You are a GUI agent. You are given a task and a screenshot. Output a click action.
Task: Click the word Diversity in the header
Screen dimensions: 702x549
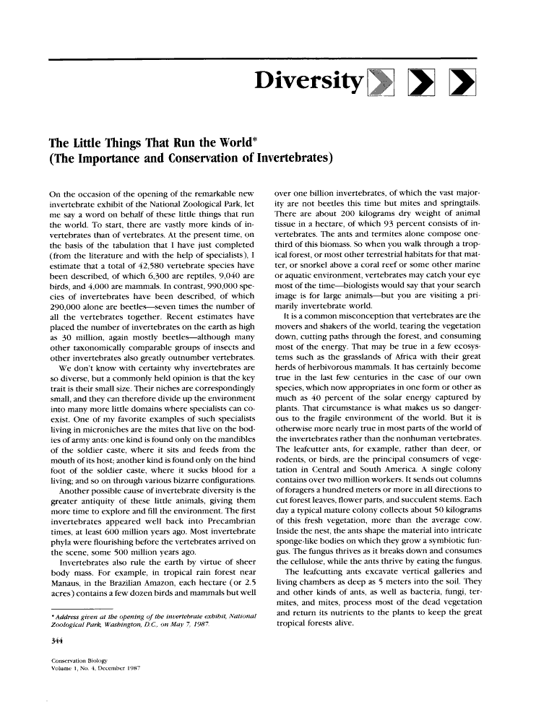[308, 85]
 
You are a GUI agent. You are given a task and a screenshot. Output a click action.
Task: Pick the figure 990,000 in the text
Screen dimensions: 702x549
[207, 295]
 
